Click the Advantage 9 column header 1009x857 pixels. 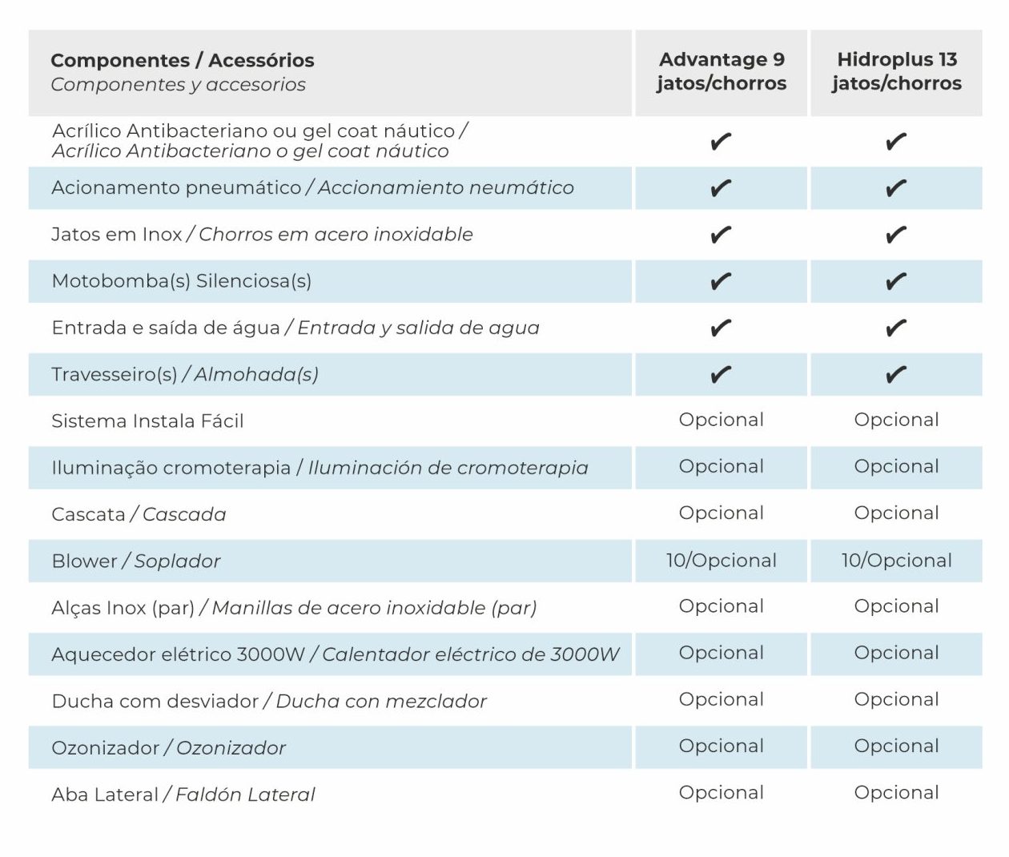[721, 71]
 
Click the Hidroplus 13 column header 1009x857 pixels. [896, 71]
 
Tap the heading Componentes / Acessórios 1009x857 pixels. [182, 60]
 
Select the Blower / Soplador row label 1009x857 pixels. [135, 561]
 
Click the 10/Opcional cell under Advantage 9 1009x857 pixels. [721, 560]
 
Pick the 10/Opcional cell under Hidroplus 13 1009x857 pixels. [896, 560]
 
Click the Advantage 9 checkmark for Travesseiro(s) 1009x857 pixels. [721, 374]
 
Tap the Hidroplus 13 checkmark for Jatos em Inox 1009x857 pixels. [896, 235]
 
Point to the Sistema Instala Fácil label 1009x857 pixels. [147, 421]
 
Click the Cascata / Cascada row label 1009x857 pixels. [139, 514]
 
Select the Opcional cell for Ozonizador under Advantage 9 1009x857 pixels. [721, 746]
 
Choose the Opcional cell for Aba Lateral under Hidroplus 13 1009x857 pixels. [896, 792]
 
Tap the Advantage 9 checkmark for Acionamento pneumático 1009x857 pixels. [721, 188]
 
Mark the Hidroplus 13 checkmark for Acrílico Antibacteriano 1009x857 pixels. [896, 142]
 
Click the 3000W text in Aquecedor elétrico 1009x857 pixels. [271, 654]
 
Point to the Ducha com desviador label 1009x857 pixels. [155, 701]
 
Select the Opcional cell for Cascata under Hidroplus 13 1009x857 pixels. [896, 513]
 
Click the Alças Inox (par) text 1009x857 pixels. [123, 608]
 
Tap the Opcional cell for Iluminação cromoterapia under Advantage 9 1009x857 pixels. [721, 466]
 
